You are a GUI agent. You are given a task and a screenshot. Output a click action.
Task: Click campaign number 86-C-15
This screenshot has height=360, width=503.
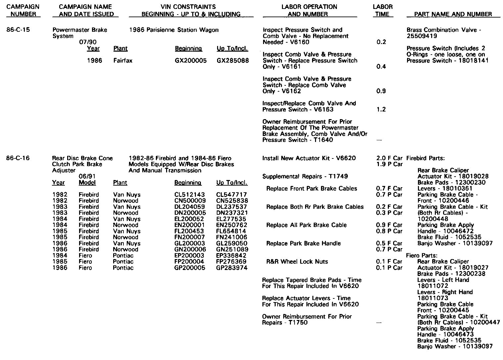(x=18, y=30)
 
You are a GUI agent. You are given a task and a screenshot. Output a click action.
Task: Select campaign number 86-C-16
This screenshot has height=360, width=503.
(x=18, y=158)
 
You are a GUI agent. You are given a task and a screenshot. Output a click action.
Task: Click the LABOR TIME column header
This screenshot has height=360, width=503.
(x=383, y=10)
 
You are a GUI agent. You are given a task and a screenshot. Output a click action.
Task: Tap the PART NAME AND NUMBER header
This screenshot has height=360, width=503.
(x=453, y=14)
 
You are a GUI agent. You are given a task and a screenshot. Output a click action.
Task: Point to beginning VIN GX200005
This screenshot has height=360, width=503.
(x=191, y=61)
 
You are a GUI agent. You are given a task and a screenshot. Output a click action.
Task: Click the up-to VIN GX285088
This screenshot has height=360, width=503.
(x=233, y=61)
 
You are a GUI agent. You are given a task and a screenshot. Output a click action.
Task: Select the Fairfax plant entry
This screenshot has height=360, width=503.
(x=123, y=61)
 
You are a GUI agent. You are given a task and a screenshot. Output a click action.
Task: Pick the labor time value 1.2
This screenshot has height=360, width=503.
(x=381, y=110)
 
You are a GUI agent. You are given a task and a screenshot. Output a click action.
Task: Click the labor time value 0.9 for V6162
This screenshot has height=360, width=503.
(x=381, y=91)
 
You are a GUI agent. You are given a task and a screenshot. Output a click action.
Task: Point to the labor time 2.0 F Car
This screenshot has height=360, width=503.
(x=389, y=158)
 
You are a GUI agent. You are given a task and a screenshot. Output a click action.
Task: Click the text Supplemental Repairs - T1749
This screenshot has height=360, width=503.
(x=300, y=177)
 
